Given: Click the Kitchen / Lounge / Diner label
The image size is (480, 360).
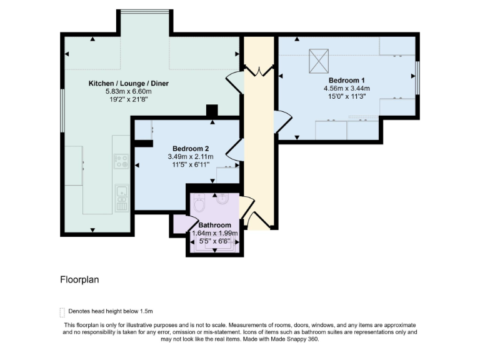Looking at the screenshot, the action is (x=129, y=83).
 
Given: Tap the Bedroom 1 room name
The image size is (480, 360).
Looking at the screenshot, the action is (x=346, y=80).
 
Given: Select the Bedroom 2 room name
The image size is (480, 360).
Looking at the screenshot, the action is (x=191, y=149).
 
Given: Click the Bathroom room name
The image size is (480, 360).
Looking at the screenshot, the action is (x=214, y=225).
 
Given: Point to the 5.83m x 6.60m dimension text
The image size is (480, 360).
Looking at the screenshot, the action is (x=129, y=91).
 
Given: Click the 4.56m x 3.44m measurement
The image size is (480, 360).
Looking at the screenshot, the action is (x=346, y=89).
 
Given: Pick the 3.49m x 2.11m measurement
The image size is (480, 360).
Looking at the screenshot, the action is (x=191, y=157).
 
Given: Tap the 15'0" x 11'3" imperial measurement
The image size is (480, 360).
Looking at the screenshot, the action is (x=346, y=96).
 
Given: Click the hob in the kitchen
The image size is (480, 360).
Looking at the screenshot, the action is (x=121, y=161).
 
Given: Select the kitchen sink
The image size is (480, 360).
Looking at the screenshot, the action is (x=122, y=198).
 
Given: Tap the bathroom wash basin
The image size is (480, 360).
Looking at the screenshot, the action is (x=222, y=199).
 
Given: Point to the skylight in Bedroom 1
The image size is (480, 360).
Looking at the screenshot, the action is (x=319, y=61).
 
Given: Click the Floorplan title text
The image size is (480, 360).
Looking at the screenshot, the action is (x=79, y=280).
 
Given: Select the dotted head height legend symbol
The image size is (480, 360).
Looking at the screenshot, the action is (x=62, y=312).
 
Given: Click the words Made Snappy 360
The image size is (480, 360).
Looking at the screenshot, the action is (x=294, y=339).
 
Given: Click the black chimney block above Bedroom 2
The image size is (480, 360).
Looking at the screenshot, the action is (x=212, y=110).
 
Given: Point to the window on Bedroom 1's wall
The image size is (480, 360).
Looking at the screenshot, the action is (x=417, y=78).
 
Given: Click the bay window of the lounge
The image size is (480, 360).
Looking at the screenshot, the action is (x=145, y=12).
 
